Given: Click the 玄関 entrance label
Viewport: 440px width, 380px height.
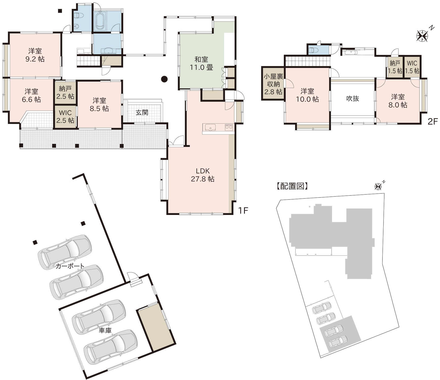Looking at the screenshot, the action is (142, 112).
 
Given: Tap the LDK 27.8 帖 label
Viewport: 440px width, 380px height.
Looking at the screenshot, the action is (203, 175).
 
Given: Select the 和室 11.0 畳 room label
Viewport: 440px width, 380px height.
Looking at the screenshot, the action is (201, 63).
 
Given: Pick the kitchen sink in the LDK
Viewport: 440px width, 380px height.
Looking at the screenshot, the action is (210, 127).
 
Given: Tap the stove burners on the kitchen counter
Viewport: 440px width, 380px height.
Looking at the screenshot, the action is (229, 127).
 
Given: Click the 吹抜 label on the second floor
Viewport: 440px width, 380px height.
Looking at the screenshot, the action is (353, 98).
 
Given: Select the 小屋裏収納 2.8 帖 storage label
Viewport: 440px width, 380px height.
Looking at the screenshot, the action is (273, 84).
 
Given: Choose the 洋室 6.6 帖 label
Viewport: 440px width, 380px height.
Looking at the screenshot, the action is (31, 95).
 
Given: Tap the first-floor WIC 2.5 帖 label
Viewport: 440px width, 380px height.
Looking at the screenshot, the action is (65, 116).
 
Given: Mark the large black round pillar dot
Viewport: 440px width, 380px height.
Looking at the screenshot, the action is (164, 79).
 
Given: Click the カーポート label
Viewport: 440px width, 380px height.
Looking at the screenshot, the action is (70, 266).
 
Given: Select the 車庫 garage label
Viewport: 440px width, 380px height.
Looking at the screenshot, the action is (105, 330).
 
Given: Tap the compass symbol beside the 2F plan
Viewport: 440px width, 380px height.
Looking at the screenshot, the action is (423, 35).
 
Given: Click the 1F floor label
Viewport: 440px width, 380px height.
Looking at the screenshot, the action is (243, 210).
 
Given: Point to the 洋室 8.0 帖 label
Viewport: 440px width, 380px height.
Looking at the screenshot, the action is (398, 101).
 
